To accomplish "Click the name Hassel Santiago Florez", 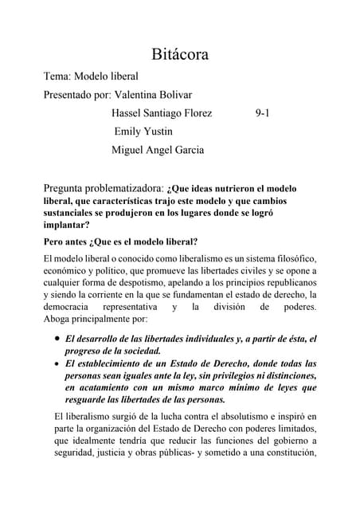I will pos(162,113).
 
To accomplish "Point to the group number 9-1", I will pos(262,113).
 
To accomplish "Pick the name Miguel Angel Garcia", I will pos(158,149).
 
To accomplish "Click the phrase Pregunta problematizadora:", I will pos(104,188).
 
